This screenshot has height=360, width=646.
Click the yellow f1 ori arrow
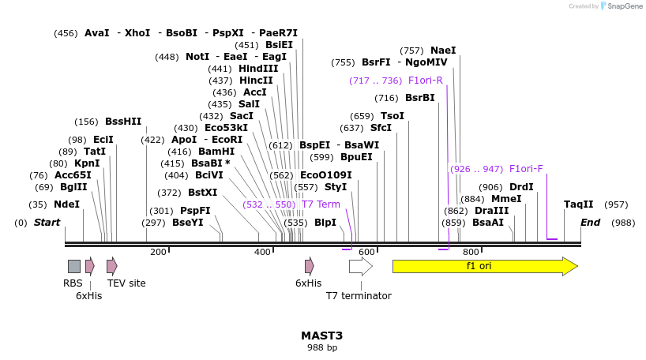click(x=484, y=266)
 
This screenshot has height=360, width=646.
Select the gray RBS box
click(x=73, y=266)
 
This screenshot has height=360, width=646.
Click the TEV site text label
click(x=126, y=283)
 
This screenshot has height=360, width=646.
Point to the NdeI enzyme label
click(x=66, y=204)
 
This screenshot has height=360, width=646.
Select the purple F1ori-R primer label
click(x=425, y=81)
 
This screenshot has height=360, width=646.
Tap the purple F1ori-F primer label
click(x=526, y=169)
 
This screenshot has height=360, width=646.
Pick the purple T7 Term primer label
click(x=321, y=204)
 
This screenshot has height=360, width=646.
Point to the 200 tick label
click(x=158, y=252)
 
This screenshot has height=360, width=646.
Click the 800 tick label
click(x=470, y=252)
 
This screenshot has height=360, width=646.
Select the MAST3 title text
click(x=322, y=336)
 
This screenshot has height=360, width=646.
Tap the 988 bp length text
click(x=322, y=347)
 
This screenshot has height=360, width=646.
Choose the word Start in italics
click(x=47, y=223)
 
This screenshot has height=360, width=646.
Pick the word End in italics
click(x=591, y=223)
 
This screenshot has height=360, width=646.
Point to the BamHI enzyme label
click(x=216, y=152)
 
